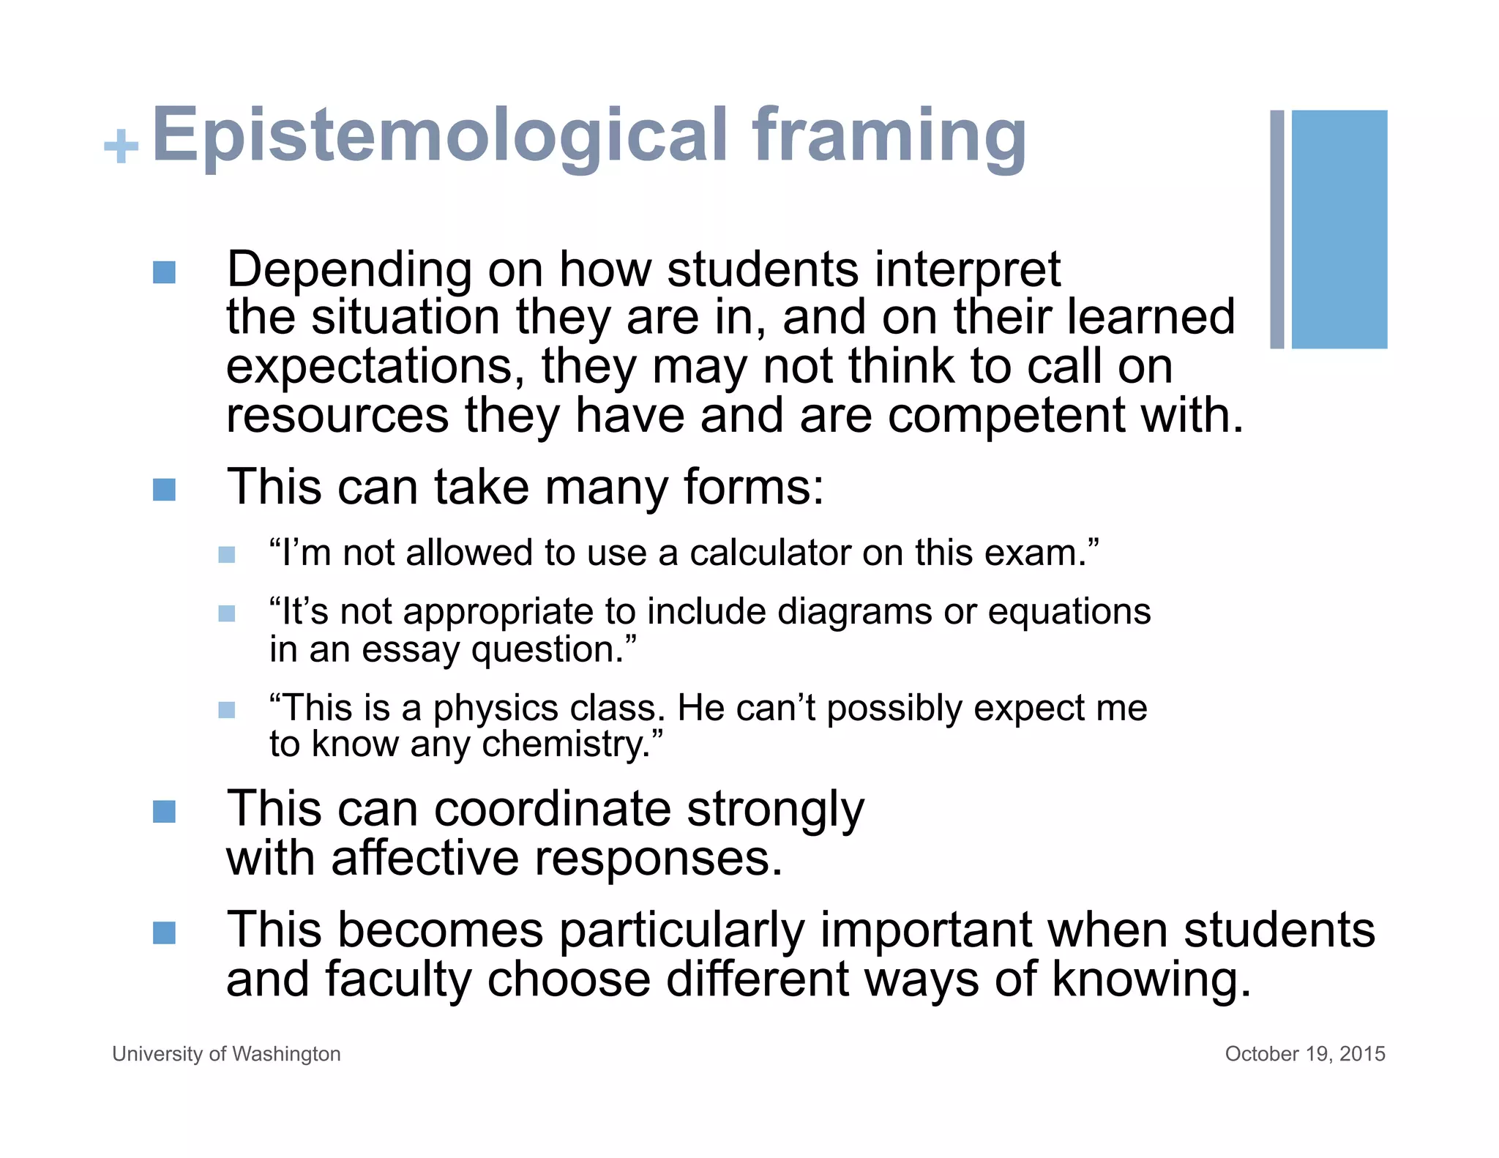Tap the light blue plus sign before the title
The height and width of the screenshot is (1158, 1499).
(x=121, y=146)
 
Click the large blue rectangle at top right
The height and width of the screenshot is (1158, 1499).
(x=1339, y=229)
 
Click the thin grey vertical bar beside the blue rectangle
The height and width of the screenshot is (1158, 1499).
(x=1276, y=229)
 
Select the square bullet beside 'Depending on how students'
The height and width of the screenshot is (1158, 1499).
(x=164, y=272)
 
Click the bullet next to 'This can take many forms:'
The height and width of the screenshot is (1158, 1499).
(x=164, y=490)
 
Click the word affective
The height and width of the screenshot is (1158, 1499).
(x=425, y=858)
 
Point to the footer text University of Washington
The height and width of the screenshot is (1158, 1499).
(x=226, y=1053)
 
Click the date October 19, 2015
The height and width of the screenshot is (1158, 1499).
(x=1304, y=1053)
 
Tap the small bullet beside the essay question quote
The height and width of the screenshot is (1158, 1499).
(x=227, y=613)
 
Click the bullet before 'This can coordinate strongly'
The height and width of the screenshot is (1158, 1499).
(x=164, y=811)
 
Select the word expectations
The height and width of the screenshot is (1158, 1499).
(x=374, y=366)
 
